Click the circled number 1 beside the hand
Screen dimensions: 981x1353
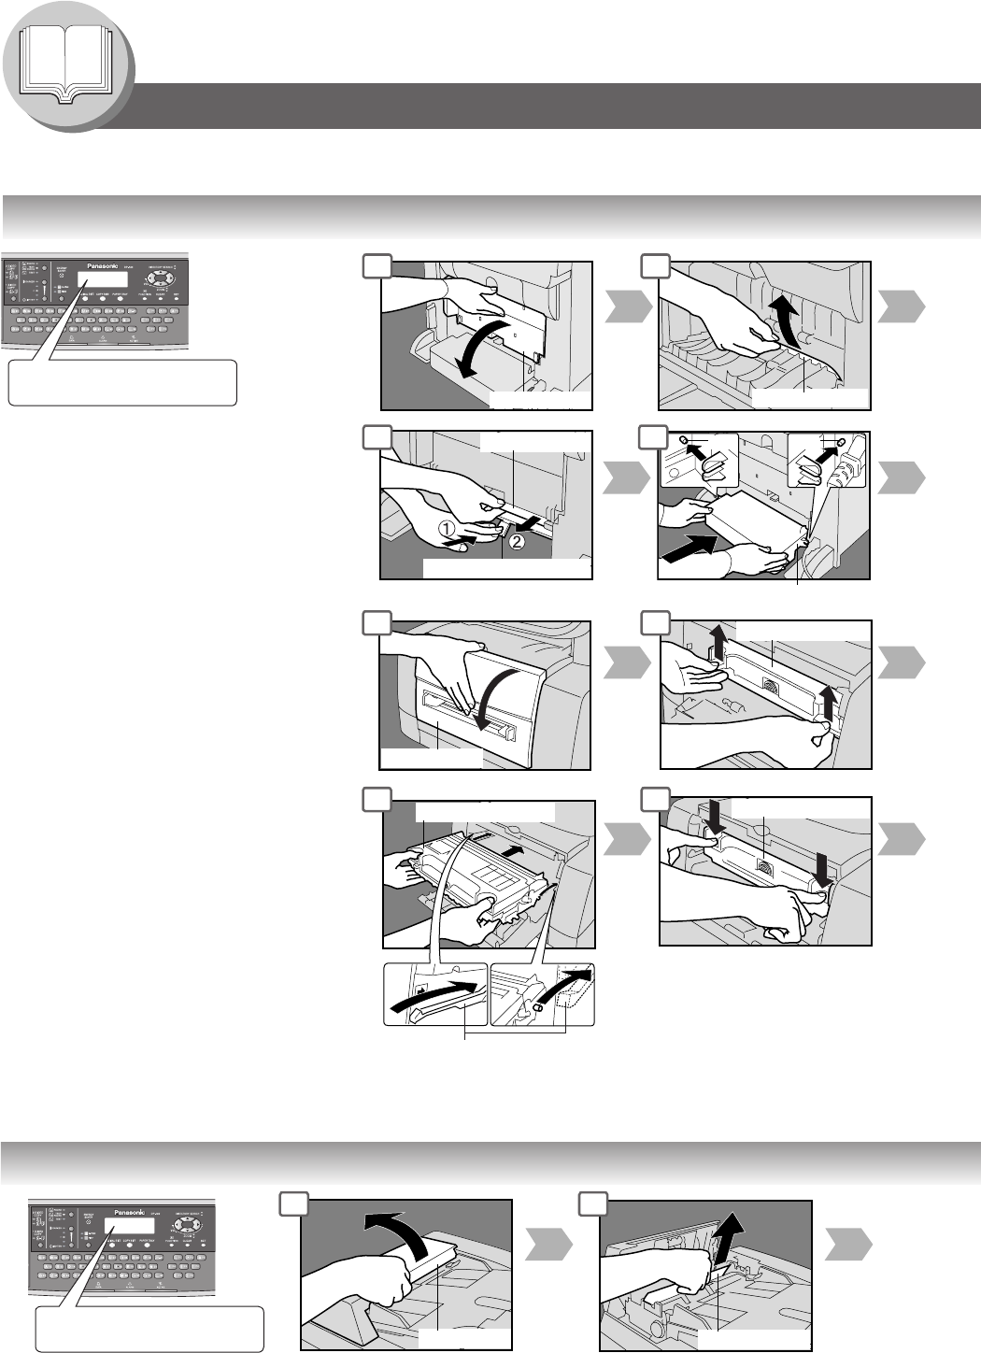(x=449, y=528)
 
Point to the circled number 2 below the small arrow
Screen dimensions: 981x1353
(x=516, y=540)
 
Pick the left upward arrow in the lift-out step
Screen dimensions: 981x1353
(x=718, y=643)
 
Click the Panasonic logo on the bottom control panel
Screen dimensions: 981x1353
(x=130, y=1212)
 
